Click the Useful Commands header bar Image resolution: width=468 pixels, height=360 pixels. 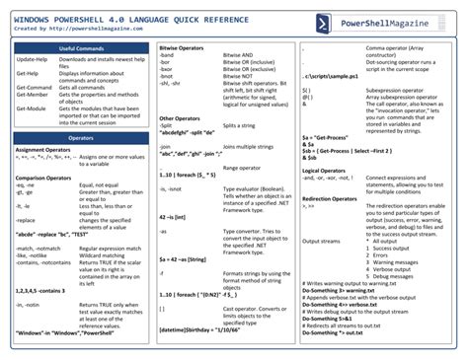pos(80,47)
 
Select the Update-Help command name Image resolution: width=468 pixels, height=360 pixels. pos(31,60)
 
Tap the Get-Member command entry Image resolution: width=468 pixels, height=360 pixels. pos(32,96)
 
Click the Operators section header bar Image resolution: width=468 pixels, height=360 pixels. pos(80,139)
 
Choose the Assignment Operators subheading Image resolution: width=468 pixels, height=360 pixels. pos(44,150)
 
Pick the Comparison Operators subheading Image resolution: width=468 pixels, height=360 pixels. pos(46,177)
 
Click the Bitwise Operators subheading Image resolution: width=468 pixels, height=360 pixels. pos(184,47)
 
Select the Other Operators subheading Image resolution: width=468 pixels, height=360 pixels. pos(181,117)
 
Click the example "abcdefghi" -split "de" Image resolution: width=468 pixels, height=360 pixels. pos(187,132)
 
